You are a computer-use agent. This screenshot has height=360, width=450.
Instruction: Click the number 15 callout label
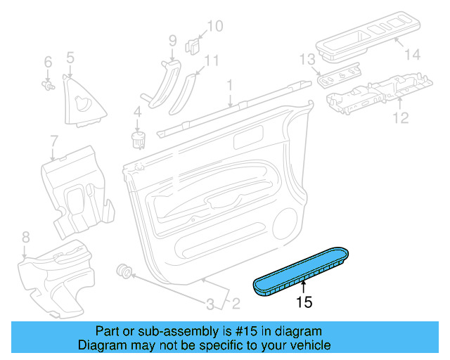pyautogui.click(x=304, y=302)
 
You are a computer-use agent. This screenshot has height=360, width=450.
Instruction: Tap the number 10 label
pyautogui.click(x=214, y=27)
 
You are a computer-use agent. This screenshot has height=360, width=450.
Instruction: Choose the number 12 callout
pyautogui.click(x=399, y=117)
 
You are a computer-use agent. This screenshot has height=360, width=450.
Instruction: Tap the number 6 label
pyautogui.click(x=48, y=62)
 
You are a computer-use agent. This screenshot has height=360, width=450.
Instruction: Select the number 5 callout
pyautogui.click(x=70, y=57)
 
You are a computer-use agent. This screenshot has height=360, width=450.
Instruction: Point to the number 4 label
pyautogui.click(x=137, y=110)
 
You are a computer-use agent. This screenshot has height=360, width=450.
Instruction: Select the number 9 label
pyautogui.click(x=172, y=41)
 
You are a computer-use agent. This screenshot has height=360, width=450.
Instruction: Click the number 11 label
pyautogui.click(x=212, y=60)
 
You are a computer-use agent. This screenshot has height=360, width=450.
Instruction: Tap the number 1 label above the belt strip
pyautogui.click(x=229, y=85)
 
